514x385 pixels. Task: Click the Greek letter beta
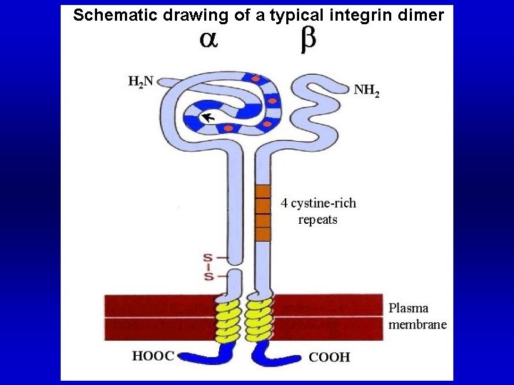pyautogui.click(x=308, y=41)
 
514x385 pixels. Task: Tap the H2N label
pyautogui.click(x=141, y=82)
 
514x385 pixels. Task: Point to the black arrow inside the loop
pyautogui.click(x=208, y=118)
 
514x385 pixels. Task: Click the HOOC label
pyautogui.click(x=153, y=356)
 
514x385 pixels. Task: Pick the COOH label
pyautogui.click(x=329, y=356)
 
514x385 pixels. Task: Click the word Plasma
pyautogui.click(x=408, y=309)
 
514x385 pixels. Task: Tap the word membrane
pyautogui.click(x=418, y=324)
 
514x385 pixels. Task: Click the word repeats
pyautogui.click(x=318, y=219)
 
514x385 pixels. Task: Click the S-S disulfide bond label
pyautogui.click(x=208, y=267)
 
